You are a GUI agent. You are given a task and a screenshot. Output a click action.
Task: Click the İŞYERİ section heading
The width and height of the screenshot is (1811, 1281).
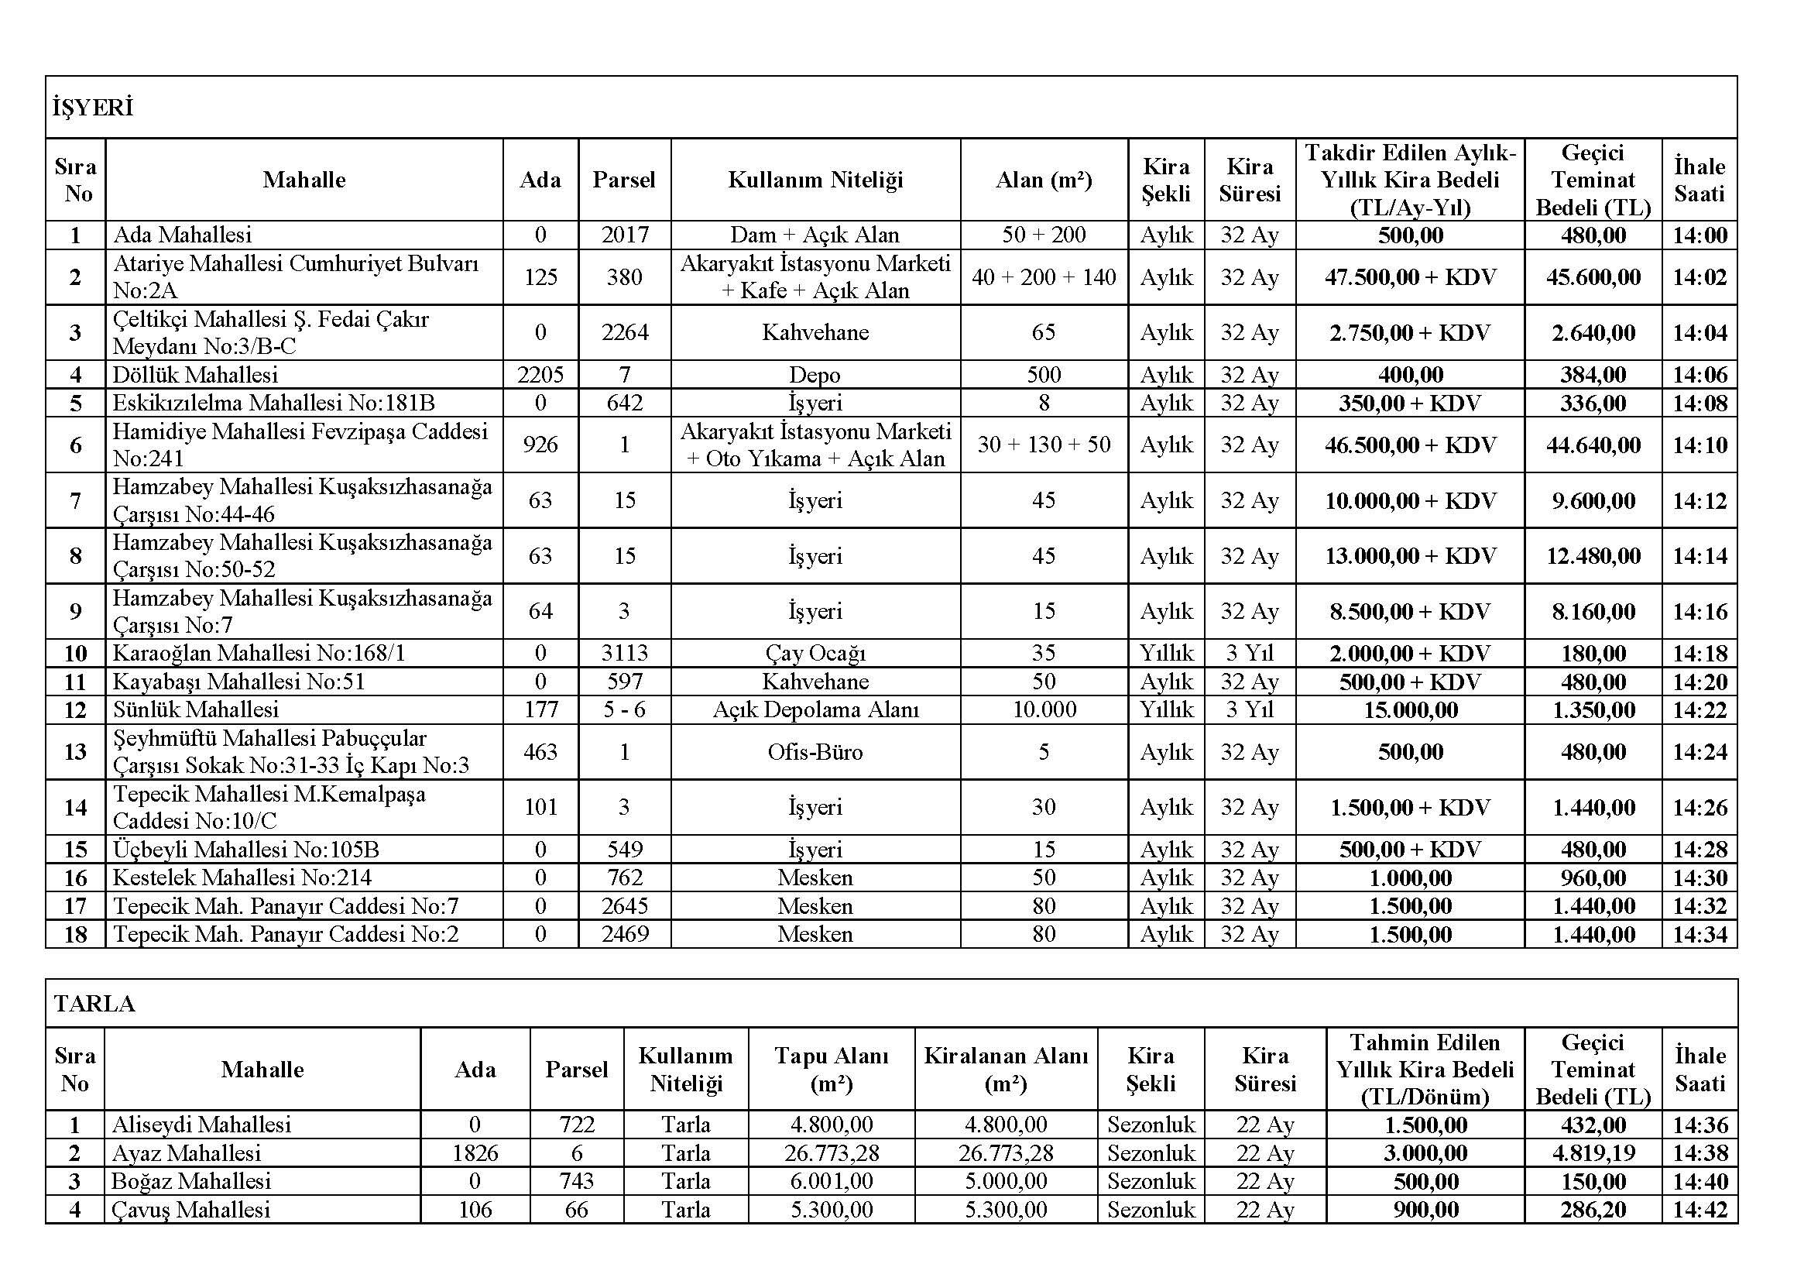coord(93,108)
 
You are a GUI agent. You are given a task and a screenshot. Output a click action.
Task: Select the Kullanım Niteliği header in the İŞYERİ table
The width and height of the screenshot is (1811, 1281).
coord(815,180)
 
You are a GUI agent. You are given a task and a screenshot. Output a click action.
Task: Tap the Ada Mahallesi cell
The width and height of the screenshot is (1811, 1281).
coord(182,235)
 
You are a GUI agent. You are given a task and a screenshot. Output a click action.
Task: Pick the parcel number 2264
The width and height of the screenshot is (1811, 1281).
coord(624,332)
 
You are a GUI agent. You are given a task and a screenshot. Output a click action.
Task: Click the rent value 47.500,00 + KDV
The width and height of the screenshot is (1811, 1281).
coord(1409,276)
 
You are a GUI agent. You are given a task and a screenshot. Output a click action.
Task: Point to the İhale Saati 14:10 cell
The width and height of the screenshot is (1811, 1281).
coord(1699,445)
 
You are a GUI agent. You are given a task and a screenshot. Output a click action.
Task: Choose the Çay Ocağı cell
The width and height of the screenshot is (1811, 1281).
coord(815,653)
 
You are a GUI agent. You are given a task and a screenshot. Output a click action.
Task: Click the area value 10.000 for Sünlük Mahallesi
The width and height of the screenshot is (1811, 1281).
coord(1044,709)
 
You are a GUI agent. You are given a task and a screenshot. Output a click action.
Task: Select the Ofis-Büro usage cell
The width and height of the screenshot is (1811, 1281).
coord(815,752)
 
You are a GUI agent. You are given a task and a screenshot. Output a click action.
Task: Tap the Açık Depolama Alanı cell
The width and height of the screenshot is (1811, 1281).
coord(815,709)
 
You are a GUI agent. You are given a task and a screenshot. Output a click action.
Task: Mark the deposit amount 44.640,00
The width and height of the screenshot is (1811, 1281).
coord(1593,445)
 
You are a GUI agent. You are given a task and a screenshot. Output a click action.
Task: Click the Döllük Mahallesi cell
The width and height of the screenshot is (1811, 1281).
coord(196,375)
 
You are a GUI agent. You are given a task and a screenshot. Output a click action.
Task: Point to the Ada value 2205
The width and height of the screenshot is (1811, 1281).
coord(540,375)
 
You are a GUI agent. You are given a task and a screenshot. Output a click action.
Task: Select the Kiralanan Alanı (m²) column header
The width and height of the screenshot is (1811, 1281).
coord(1006,1069)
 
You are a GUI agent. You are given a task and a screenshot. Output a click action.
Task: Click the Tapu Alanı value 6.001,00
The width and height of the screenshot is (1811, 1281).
coord(832,1181)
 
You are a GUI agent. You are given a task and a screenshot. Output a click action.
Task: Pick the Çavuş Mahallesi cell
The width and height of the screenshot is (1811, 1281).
coord(191,1209)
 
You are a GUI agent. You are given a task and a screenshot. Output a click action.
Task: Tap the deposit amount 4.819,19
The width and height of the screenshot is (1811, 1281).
coord(1593,1152)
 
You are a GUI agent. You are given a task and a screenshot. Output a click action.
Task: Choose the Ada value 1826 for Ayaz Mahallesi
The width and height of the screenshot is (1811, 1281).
coord(475,1152)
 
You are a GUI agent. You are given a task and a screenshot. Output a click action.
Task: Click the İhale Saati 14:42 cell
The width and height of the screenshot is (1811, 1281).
coord(1699,1209)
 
